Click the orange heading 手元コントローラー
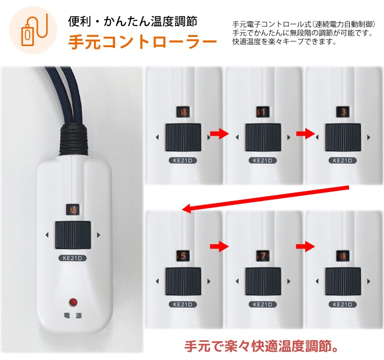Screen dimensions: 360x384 142,42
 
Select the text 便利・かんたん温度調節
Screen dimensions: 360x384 132,21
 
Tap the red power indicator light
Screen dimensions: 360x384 73,302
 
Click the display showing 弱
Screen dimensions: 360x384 183,112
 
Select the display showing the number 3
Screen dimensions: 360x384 343,112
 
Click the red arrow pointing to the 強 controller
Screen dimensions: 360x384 304,247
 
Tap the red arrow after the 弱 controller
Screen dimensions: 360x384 219,134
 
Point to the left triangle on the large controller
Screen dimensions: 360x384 47,235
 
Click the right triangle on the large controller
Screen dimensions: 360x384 98,235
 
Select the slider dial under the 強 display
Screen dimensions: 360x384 343,281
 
